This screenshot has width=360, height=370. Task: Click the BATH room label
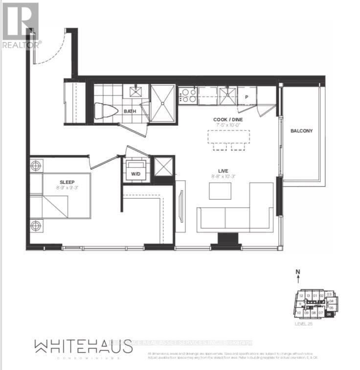coord(130,111)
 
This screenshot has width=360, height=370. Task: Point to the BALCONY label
coord(301,131)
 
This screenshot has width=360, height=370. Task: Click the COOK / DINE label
coord(228,119)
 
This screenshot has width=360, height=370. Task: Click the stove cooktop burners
coord(187,95)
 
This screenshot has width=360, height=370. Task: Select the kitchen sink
coord(227,94)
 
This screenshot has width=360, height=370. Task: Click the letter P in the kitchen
coord(247,96)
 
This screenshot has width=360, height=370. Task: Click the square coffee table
coord(220,190)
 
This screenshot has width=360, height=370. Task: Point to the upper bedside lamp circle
coord(36,165)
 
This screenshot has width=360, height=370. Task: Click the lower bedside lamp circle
coord(36,226)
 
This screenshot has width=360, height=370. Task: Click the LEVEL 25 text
coord(304,324)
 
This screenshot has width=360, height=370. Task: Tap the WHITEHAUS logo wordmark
coord(84,347)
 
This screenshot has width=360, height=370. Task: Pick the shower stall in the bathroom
coord(162,103)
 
